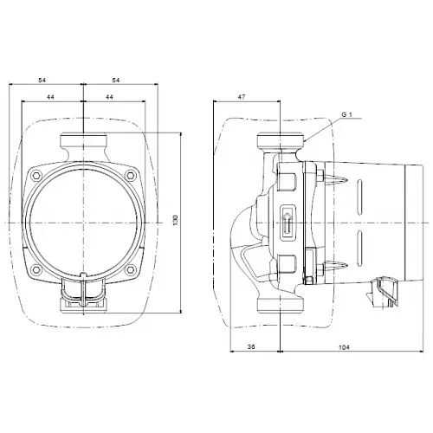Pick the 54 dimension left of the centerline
tap(43, 80)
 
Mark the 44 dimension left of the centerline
tap(51, 97)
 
